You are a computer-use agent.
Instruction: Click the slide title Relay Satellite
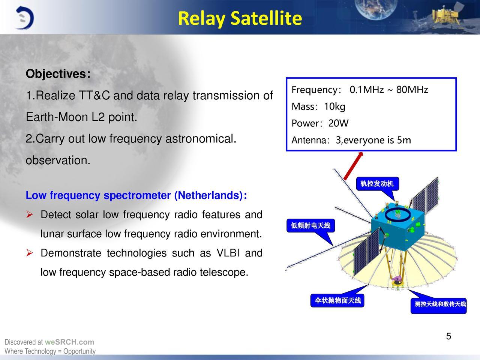[x=240, y=18]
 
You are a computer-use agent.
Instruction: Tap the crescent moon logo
[x=24, y=18]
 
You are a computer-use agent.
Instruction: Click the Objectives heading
[x=58, y=73]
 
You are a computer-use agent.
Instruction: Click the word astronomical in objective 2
[x=201, y=139]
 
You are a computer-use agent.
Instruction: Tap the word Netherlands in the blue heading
[x=208, y=195]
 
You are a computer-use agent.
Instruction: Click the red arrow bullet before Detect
[x=30, y=214]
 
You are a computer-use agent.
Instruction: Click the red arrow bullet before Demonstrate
[x=30, y=253]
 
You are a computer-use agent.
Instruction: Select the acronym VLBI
[x=228, y=253]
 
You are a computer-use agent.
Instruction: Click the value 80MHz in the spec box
[x=412, y=90]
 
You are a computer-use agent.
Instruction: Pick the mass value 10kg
[x=334, y=106]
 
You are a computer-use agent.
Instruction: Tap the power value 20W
[x=338, y=123]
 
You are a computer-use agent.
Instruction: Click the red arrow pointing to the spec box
[x=353, y=166]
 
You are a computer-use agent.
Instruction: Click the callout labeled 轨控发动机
[x=378, y=184]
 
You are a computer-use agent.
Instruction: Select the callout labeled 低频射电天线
[x=310, y=225]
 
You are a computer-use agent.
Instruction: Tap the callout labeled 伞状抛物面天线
[x=337, y=300]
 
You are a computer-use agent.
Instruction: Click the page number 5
[x=448, y=336]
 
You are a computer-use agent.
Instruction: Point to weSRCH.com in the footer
[x=69, y=342]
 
